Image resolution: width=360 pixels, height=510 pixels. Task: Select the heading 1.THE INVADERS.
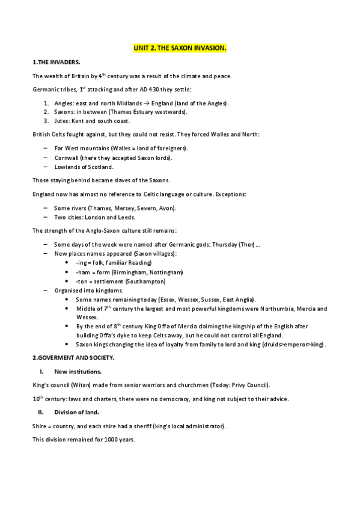tap(55, 63)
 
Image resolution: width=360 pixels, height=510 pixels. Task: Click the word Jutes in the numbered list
tap(62, 120)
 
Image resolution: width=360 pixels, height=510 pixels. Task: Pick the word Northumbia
tap(273, 309)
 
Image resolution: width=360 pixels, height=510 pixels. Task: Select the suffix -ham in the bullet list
tap(82, 272)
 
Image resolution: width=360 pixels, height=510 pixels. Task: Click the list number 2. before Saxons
tap(46, 112)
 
